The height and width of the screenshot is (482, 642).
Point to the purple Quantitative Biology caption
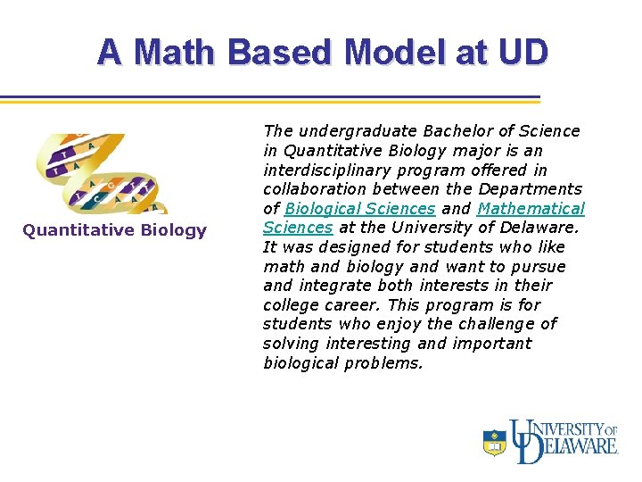pos(114,230)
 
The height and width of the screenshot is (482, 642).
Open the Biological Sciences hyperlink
pos(360,209)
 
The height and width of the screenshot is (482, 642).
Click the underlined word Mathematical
pos(531,209)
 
